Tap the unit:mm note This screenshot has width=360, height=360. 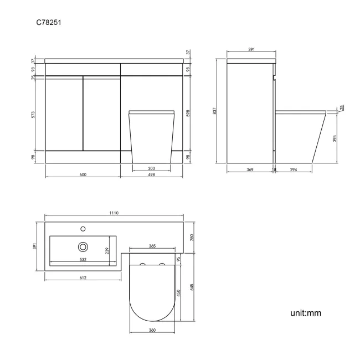305,313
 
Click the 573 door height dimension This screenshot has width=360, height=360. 33,115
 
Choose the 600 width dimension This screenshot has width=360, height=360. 83,174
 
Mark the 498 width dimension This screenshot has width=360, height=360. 152,174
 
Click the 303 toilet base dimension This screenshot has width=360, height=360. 152,168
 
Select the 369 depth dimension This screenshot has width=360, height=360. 250,169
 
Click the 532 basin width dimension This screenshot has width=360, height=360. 83,259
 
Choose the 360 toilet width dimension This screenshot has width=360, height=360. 152,331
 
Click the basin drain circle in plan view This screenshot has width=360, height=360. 83,246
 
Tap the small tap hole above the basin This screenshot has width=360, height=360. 83,228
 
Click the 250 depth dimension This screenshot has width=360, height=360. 192,237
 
